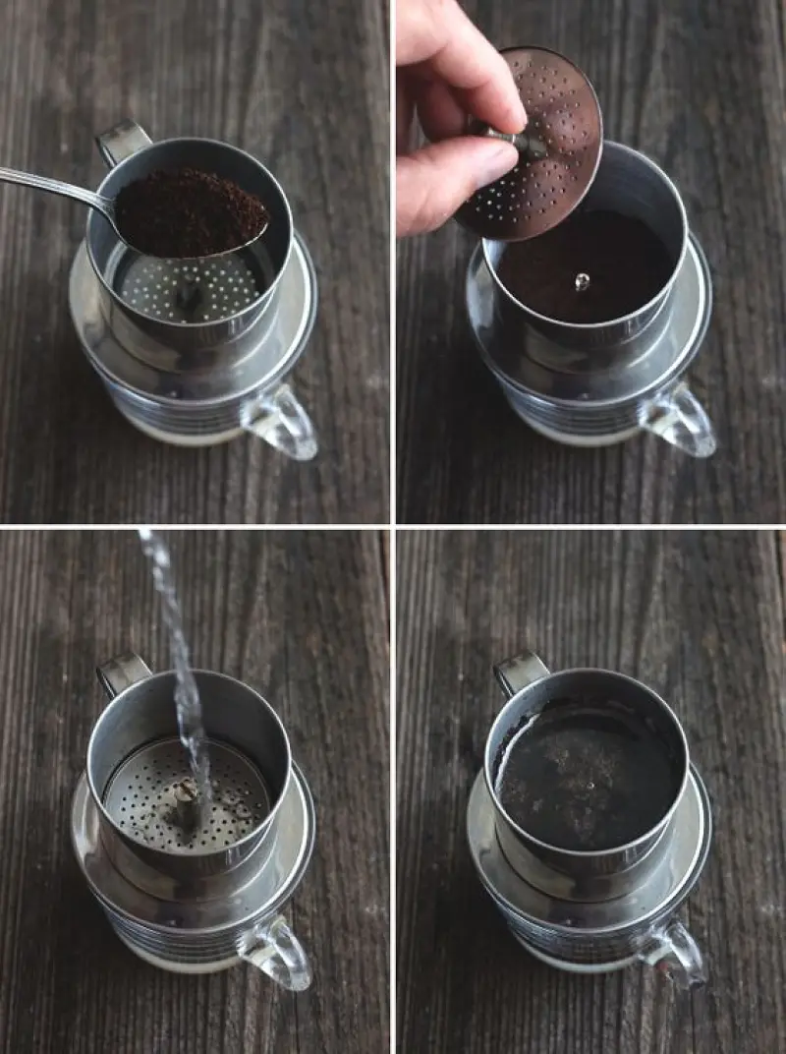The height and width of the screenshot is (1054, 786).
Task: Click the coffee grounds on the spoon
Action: pyautogui.click(x=192, y=211)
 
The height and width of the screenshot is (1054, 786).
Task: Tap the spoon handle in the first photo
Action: pyautogui.click(x=49, y=185)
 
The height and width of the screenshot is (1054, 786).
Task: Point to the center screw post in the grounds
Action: pyautogui.click(x=583, y=282)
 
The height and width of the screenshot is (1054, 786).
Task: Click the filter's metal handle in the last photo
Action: pyautogui.click(x=520, y=673)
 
